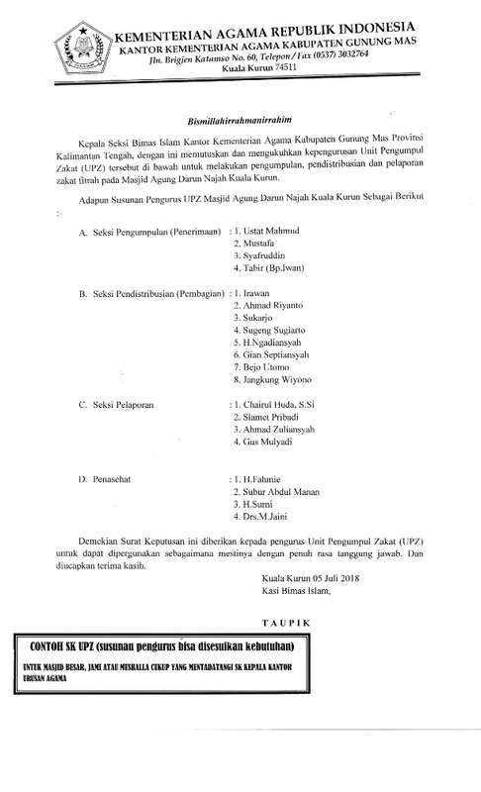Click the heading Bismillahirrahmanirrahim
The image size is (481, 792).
(x=240, y=117)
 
